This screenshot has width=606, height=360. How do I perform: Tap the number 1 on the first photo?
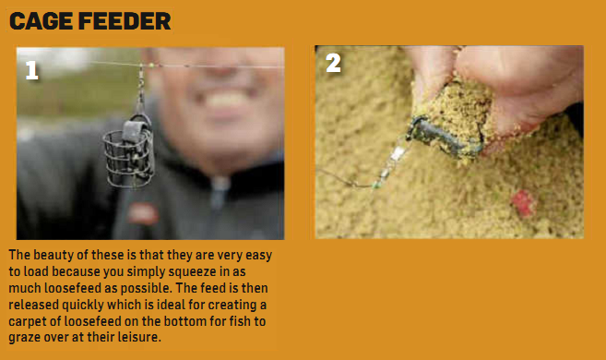coord(32,71)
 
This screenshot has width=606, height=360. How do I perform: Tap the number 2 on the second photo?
coord(333,63)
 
